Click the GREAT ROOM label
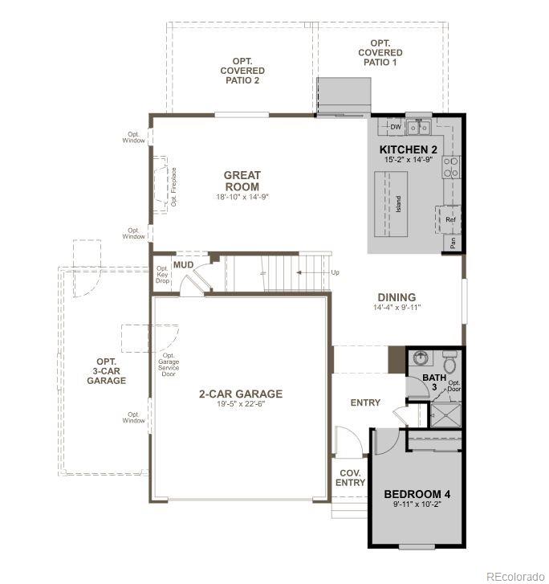tap(242, 181)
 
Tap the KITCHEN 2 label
tap(409, 150)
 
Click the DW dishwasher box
tap(395, 127)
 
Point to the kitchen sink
tap(418, 127)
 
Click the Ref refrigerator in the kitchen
tap(449, 219)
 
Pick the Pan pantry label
tap(453, 243)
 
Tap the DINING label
tap(396, 297)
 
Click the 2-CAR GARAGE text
tap(241, 394)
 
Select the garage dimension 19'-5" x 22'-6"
tap(241, 405)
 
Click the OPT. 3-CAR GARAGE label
tap(107, 371)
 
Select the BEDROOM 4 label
tap(416, 494)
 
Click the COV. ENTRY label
tap(351, 478)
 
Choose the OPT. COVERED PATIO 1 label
tap(382, 52)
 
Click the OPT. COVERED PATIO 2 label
tap(242, 71)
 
